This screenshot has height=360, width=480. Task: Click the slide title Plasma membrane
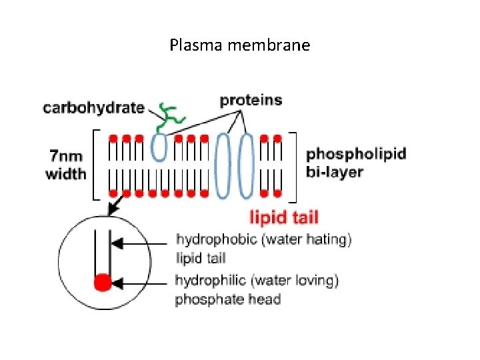pyautogui.click(x=239, y=45)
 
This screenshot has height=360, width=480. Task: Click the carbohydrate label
pyautogui.click(x=93, y=107)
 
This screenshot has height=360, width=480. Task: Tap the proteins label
pyautogui.click(x=251, y=101)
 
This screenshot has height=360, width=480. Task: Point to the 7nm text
pyautogui.click(x=66, y=157)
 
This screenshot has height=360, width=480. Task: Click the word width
pyautogui.click(x=66, y=174)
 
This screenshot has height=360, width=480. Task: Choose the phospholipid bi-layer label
pyautogui.click(x=355, y=163)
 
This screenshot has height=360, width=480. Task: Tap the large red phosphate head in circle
pyautogui.click(x=102, y=283)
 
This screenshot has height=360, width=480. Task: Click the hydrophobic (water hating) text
pyautogui.click(x=263, y=239)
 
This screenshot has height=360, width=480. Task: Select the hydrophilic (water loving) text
pyautogui.click(x=257, y=281)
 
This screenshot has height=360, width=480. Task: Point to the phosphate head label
pyautogui.click(x=227, y=299)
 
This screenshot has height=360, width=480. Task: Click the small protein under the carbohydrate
pyautogui.click(x=159, y=147)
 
